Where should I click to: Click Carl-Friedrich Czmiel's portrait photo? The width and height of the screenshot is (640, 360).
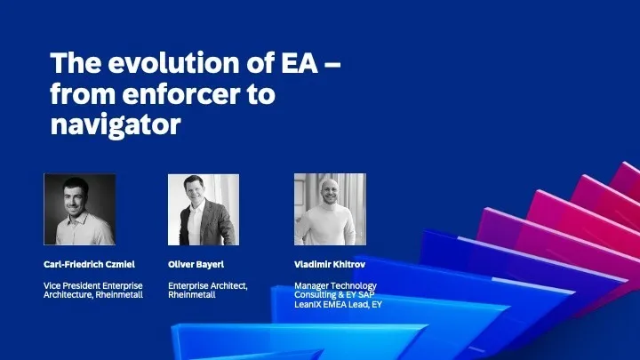(x=80, y=210)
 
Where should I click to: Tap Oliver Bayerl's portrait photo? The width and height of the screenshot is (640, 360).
(x=204, y=210)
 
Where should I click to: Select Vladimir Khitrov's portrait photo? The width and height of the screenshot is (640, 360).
(x=330, y=210)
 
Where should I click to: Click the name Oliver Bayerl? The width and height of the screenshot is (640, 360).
(x=196, y=265)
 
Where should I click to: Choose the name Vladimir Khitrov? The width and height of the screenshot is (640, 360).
(x=329, y=265)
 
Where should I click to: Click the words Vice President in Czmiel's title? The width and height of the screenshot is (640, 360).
(x=67, y=285)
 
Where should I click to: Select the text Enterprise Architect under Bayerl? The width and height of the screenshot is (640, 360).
(x=206, y=285)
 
